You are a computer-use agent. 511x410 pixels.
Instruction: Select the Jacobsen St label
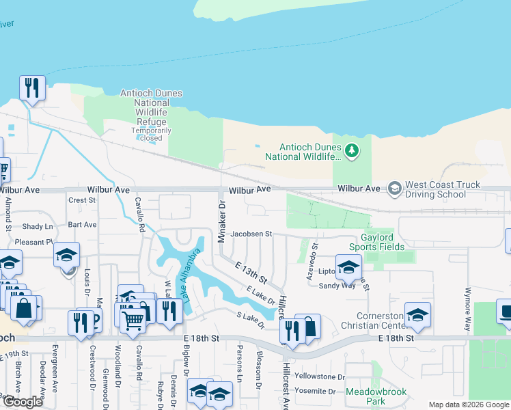point(251,234)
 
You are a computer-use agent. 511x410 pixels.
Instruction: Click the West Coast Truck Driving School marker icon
point(394,187)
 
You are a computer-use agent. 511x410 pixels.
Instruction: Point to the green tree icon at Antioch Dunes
point(352,150)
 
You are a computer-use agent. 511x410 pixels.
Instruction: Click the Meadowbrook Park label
point(376,396)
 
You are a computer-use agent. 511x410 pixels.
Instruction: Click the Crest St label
point(82,200)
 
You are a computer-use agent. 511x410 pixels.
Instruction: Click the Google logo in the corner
point(23,402)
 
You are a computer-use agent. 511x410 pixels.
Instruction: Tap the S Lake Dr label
point(250,320)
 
